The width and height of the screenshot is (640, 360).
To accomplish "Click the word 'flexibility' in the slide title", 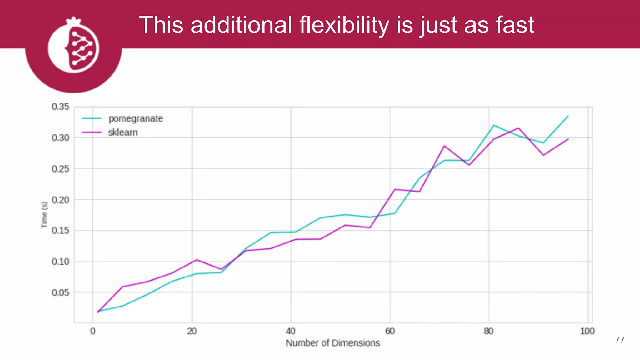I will coord(344,25).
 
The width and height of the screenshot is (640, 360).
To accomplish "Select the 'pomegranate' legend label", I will coord(136,119).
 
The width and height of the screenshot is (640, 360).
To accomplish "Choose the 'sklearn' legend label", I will coord(123,132).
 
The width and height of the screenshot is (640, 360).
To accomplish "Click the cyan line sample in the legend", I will coord(92,118).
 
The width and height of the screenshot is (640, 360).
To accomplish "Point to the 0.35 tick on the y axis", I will coord(61,107).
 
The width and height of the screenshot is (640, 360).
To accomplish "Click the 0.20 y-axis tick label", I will coord(61,200).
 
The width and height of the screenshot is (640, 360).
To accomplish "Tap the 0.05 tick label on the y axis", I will coord(61,293).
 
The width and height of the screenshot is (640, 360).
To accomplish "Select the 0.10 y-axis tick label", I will coord(61,262).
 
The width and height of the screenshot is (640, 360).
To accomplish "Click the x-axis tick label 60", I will coord(390,331).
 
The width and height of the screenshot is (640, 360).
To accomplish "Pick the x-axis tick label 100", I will coord(587,331).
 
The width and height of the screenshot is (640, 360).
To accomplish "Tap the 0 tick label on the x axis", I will coord(93,331).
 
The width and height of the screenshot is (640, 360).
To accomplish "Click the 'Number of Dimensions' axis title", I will coord(333,343).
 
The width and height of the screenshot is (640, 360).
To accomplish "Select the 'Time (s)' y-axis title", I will coord(44,215).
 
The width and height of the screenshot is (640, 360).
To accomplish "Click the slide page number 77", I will coord(620,340).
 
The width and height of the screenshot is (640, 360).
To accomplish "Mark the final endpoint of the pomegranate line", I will coord(568,116).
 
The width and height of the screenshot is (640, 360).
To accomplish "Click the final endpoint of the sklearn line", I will coord(568,139).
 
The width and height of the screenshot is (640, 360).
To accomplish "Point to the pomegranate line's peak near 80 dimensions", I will coord(494,125).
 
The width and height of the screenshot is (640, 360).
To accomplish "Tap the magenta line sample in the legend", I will coord(92,132).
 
